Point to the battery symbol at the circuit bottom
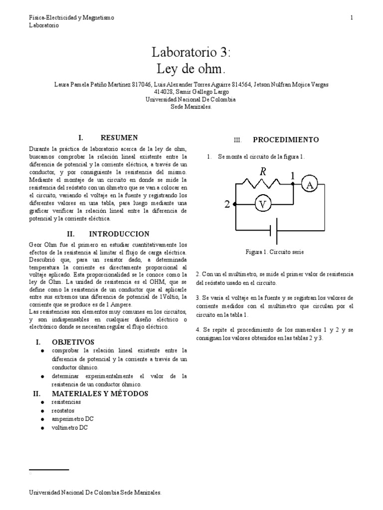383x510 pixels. (x=273, y=231)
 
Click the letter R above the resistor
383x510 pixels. (x=263, y=172)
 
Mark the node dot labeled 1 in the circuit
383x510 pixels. (x=293, y=183)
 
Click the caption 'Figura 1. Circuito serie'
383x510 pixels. (x=275, y=253)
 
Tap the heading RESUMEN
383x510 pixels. (x=119, y=137)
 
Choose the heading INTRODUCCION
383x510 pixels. (x=119, y=234)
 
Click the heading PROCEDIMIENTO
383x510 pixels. (x=286, y=140)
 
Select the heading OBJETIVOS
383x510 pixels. (x=73, y=342)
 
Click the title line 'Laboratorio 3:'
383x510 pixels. (x=191, y=52)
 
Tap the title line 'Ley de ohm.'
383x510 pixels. (x=191, y=68)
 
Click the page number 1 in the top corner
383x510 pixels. (x=352, y=18)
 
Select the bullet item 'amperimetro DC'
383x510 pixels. (x=72, y=419)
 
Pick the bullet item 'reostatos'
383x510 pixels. (x=63, y=410)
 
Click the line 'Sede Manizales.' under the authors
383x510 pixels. (x=191, y=106)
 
